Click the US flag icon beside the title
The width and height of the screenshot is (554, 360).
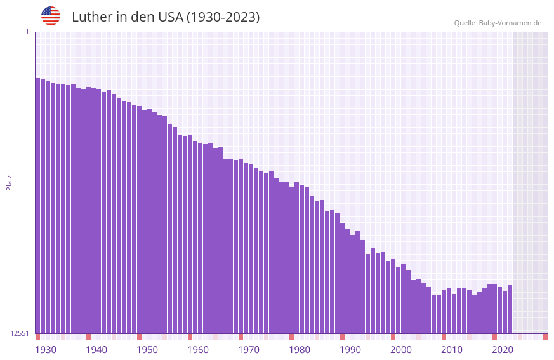coord(51,16)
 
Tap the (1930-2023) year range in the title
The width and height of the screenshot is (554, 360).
coord(223,17)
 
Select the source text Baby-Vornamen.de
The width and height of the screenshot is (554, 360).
coord(510,23)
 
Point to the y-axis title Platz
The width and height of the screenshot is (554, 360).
coord(9,182)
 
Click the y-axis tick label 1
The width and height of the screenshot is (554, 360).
coord(27,32)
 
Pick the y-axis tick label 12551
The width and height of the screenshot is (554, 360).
coord(20,333)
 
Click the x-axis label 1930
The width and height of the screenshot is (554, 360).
coord(46,350)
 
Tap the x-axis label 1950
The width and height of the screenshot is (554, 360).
coord(147,350)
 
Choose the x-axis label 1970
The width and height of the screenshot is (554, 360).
coord(249,350)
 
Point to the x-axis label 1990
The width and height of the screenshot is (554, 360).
coord(350,350)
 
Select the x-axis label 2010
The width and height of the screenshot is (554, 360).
coord(452,350)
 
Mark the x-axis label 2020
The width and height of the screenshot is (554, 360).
coord(503,350)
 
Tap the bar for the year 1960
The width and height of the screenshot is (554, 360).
coord(190,234)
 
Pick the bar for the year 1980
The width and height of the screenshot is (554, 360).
coord(291,260)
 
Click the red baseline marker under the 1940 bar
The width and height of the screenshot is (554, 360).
coord(88,337)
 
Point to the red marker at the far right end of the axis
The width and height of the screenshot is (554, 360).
coord(545,337)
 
